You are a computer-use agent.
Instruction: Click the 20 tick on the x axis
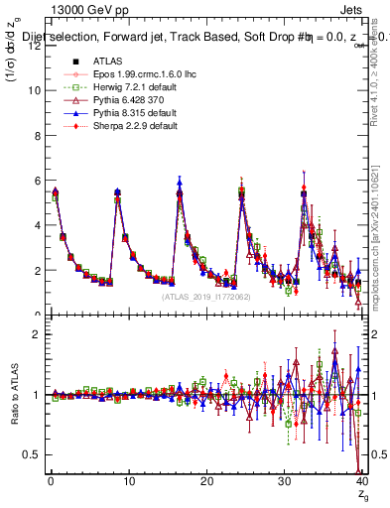coord(205,482)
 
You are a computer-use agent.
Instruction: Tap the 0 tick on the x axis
coord(50,482)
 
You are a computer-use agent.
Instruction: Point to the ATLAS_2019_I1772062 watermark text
coord(205,297)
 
